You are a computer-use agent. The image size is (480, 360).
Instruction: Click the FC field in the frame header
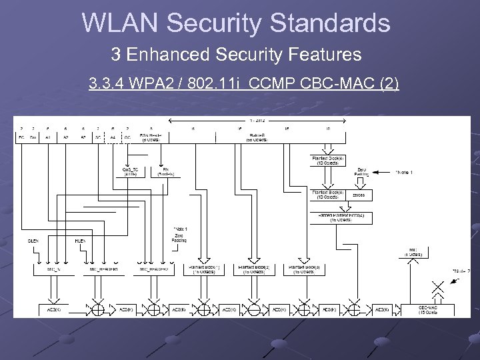click(x=22, y=137)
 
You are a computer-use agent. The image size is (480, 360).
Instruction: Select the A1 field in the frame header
click(x=48, y=137)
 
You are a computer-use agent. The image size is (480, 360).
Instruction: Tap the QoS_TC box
click(x=131, y=171)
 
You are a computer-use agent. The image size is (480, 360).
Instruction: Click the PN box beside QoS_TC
click(x=165, y=171)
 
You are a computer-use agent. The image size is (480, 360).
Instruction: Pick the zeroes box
click(x=359, y=195)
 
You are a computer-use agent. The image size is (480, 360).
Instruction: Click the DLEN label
click(x=33, y=240)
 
